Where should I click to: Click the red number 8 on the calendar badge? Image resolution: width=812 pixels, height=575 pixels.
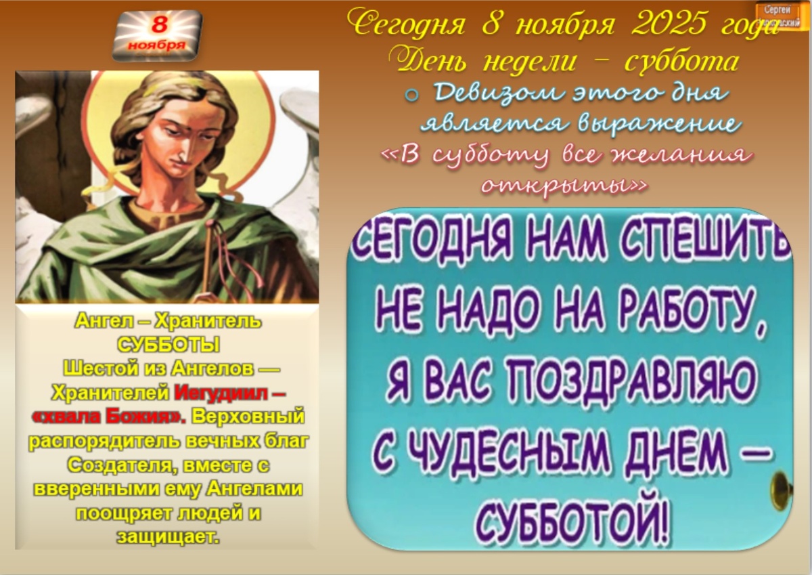(x=158, y=24)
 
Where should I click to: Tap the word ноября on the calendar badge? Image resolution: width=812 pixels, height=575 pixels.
(x=157, y=45)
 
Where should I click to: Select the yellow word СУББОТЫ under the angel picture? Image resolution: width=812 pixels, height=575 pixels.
(x=168, y=345)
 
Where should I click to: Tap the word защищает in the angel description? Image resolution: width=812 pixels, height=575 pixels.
(x=168, y=536)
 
